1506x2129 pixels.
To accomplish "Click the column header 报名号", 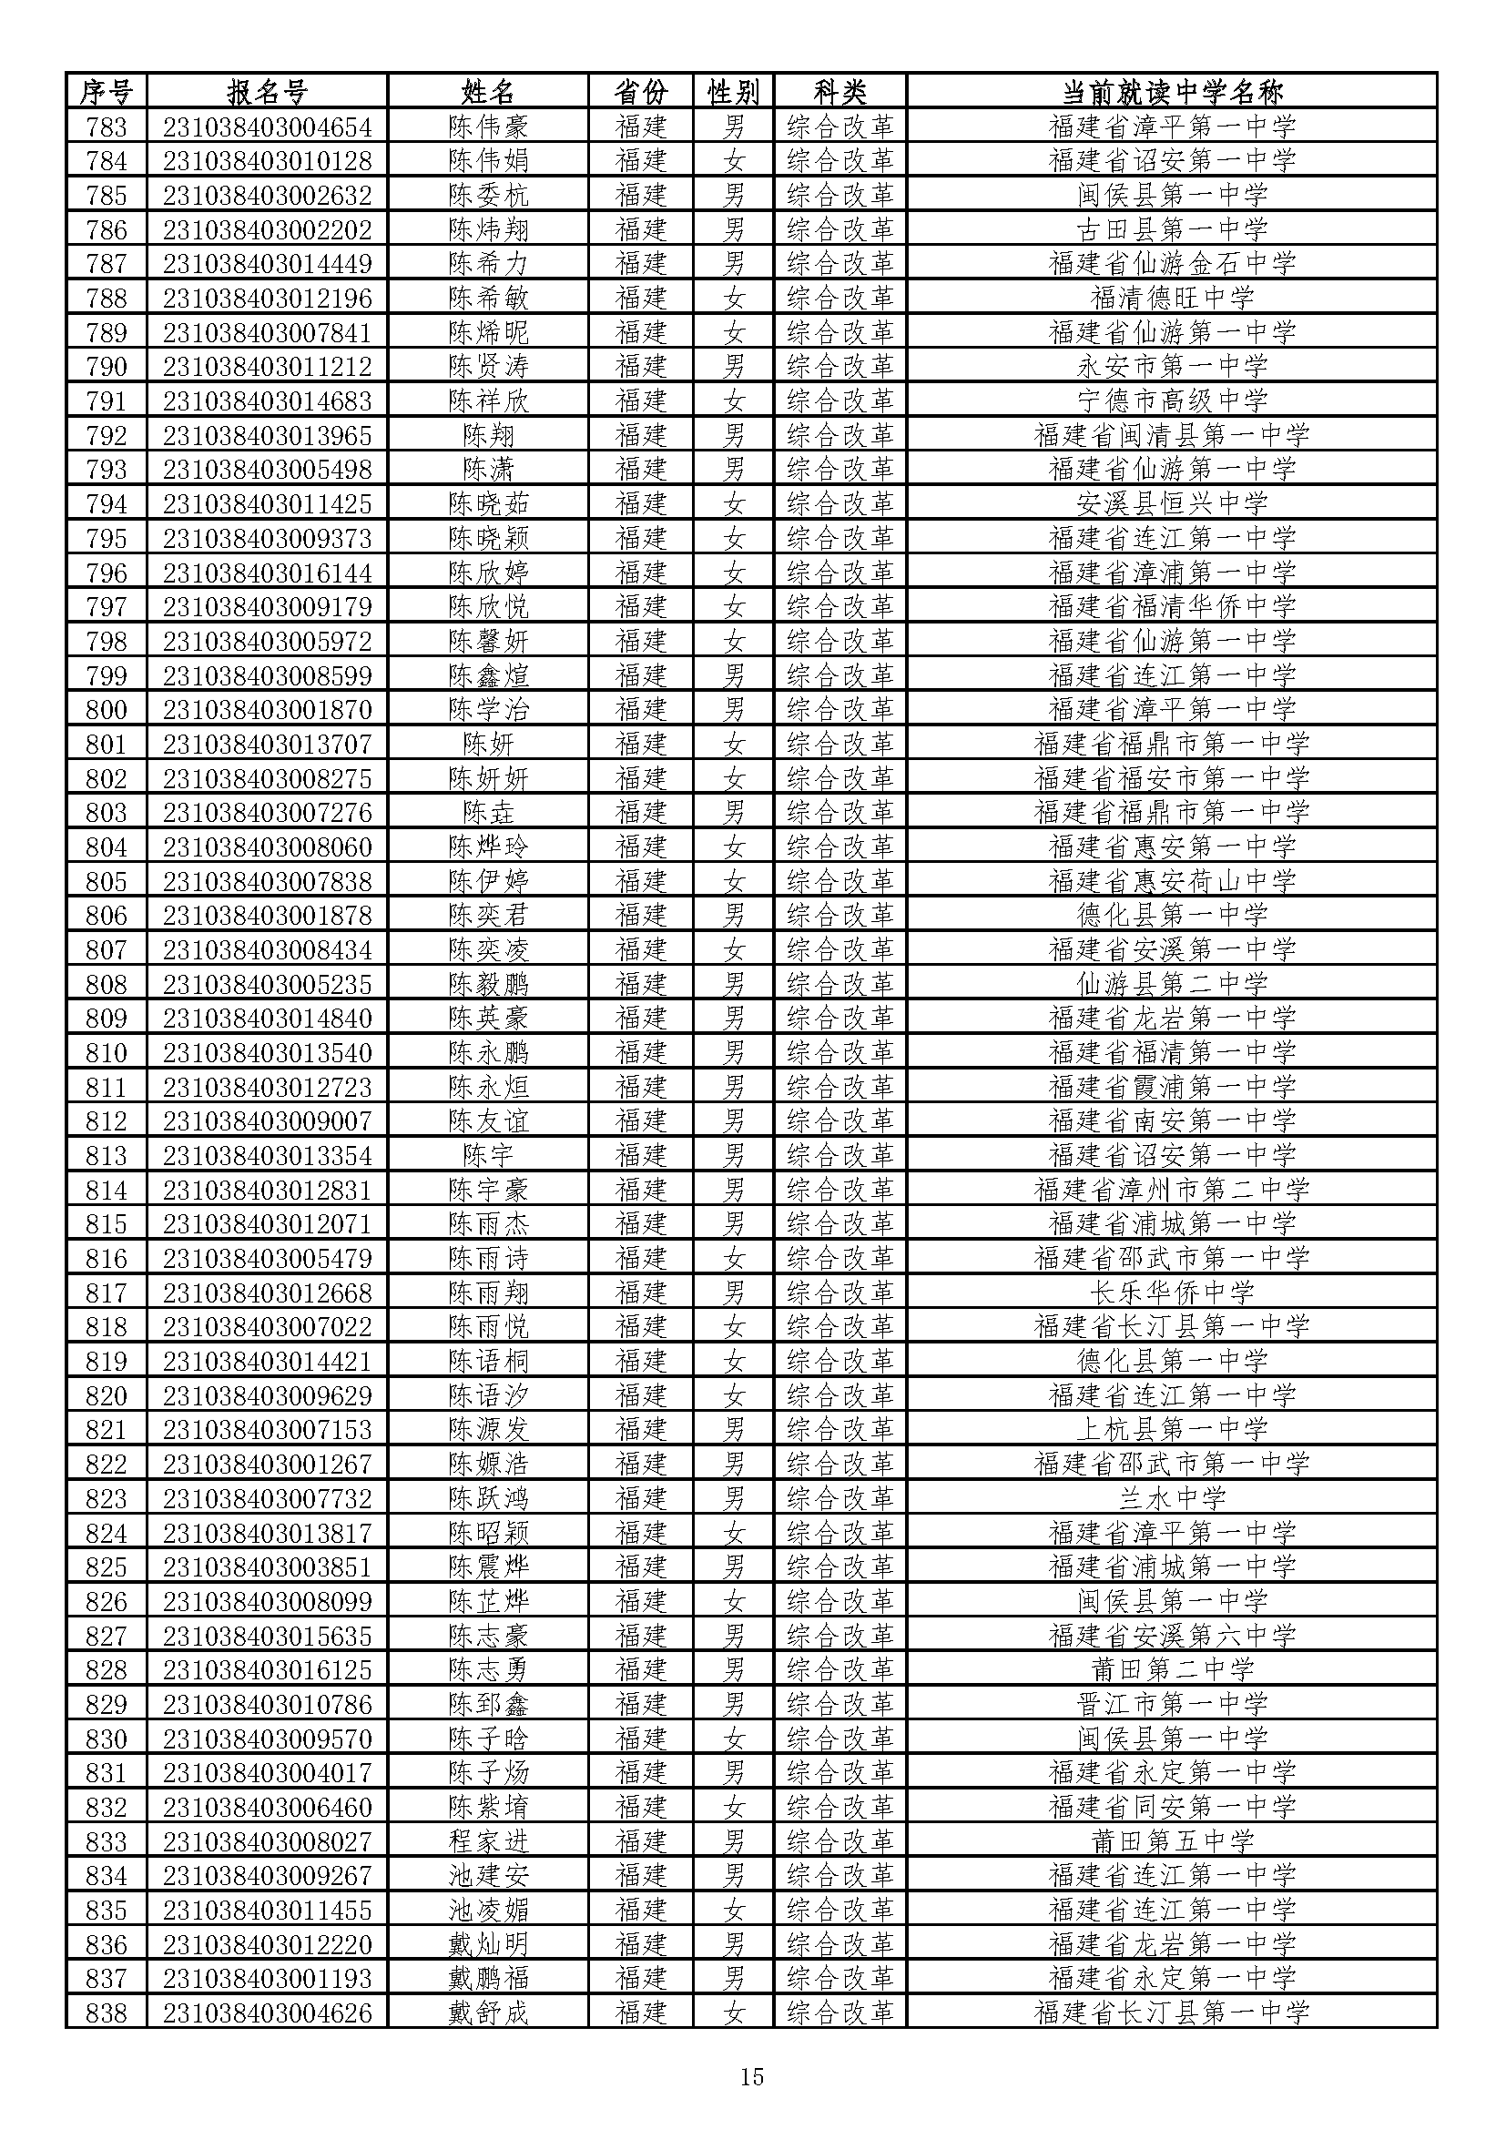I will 267,92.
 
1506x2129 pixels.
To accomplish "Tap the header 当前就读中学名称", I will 1171,92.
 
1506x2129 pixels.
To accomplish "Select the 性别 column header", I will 733,92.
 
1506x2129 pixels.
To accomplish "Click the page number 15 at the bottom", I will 752,2076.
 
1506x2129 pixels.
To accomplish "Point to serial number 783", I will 106,127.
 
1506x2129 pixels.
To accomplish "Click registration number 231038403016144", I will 267,573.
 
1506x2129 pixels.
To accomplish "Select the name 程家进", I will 488,1840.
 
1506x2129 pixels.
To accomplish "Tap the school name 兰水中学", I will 1171,1497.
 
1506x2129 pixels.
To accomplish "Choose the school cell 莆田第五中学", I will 1171,1840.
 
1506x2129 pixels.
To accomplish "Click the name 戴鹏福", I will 488,1978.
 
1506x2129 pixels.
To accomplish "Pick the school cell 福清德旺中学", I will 1171,298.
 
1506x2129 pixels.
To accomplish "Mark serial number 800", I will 106,709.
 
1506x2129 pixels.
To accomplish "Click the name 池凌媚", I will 488,1910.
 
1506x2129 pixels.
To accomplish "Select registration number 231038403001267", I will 267,1464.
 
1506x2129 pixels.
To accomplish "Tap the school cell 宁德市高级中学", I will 1171,400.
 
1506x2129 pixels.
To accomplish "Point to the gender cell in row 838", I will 733,2012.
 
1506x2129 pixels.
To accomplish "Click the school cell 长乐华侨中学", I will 1171,1292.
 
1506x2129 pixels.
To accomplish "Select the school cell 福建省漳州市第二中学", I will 1171,1189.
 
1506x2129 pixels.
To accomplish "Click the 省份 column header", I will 641,92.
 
